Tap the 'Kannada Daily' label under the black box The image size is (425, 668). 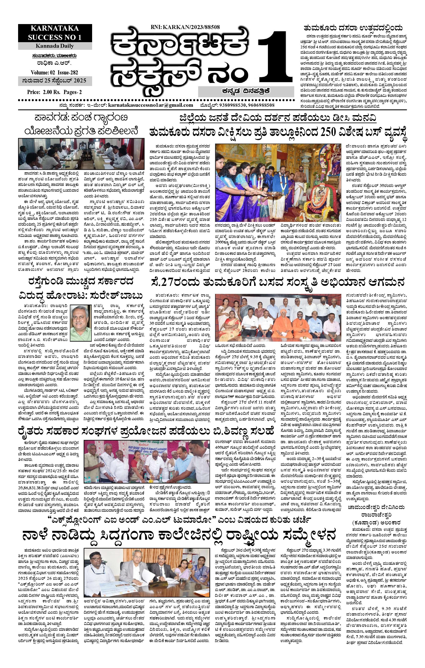(55, 46)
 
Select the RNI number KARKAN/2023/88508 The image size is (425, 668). (185, 27)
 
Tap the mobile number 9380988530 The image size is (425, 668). (233, 105)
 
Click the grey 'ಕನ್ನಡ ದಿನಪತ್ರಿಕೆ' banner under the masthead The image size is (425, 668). (246, 91)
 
